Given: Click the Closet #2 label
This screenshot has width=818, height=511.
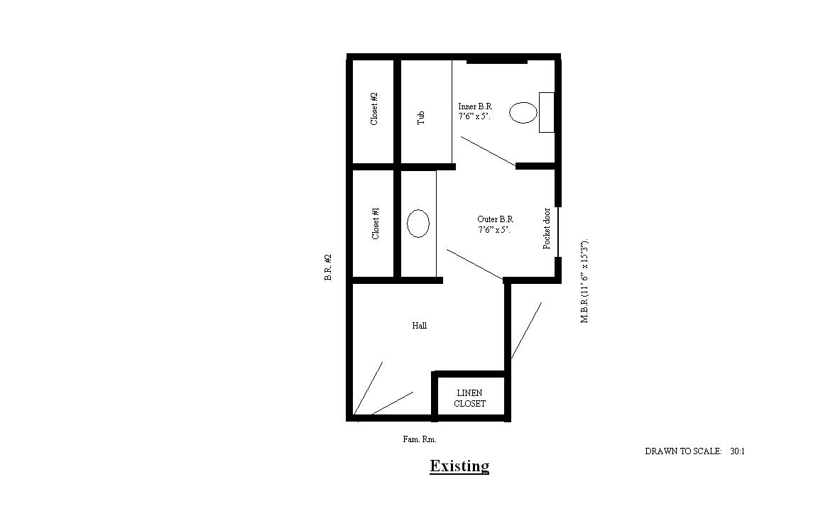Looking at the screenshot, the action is point(374,109).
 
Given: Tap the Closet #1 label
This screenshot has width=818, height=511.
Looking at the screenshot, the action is point(376,223).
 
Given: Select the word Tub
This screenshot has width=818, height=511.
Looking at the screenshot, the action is point(421,118).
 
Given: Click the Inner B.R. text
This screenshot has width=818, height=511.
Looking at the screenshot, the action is point(475,106).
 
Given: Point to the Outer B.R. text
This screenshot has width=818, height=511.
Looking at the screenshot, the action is point(495,219).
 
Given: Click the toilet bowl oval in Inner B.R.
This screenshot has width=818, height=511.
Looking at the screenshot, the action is point(523,113).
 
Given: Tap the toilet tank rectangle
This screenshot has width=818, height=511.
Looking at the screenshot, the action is point(547,113).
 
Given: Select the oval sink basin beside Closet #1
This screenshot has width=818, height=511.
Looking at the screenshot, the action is point(418,223).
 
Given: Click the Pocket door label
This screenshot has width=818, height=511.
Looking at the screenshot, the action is point(547,229).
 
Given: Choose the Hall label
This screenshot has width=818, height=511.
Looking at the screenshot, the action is point(420,325).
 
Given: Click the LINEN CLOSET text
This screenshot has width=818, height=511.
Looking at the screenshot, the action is point(469,398).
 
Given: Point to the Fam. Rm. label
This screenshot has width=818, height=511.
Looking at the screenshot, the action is point(420,439).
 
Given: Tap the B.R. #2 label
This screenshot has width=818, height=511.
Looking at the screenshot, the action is point(328,268).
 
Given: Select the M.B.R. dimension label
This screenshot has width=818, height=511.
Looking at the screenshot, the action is point(584,282).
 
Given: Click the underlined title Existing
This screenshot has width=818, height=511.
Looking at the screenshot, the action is point(459,466).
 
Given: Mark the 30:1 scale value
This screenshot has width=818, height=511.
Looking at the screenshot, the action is point(738,451).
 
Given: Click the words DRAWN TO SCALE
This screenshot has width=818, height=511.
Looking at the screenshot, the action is point(683,451).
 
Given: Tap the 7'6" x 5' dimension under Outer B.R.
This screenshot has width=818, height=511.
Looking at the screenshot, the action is point(494,229).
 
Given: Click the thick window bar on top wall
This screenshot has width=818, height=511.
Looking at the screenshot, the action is point(496,62).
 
